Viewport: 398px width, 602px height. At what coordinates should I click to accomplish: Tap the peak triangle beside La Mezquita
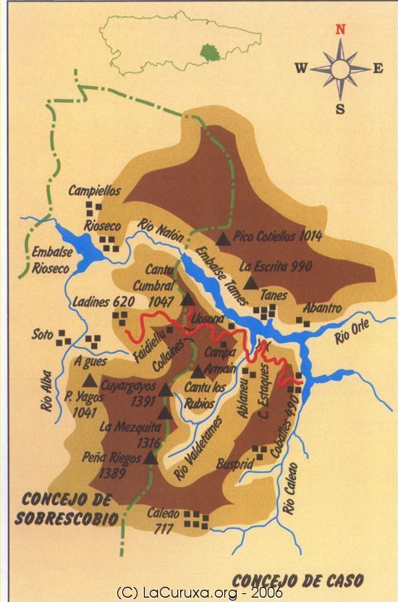coord(164,413)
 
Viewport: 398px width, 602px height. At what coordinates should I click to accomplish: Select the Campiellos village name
coord(94,191)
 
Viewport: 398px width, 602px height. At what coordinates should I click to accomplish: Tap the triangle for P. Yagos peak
coord(90,380)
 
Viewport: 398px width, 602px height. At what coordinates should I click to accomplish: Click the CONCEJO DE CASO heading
coord(297,580)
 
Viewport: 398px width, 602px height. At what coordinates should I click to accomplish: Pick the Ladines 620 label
coord(103,302)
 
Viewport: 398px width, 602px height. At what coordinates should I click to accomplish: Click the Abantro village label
coord(322,308)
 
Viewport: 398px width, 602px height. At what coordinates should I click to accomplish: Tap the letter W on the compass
coord(301,69)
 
